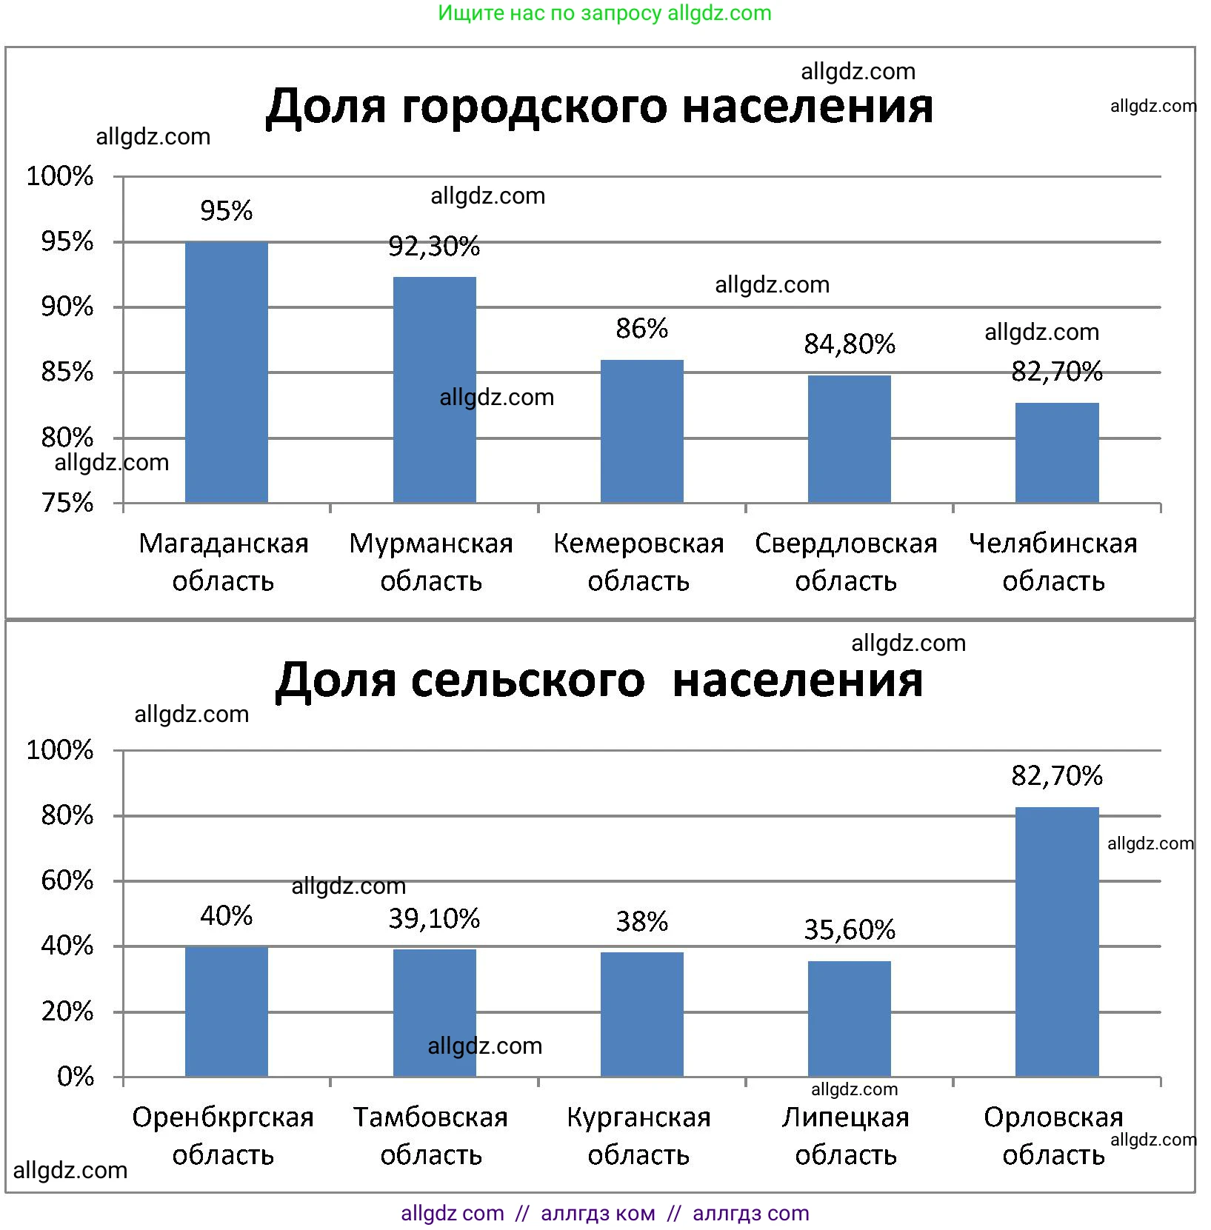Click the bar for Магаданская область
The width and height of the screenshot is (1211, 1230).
[x=226, y=372]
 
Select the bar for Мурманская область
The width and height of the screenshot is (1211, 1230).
[x=434, y=390]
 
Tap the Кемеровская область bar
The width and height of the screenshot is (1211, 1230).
[x=641, y=432]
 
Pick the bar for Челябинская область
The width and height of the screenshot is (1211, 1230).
[x=1057, y=453]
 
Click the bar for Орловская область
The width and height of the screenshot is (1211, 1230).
[x=1057, y=941]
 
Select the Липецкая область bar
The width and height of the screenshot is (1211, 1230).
[x=849, y=1018]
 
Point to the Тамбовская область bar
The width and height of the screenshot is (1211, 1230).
[x=434, y=1012]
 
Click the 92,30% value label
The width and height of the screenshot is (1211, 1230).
[x=434, y=246]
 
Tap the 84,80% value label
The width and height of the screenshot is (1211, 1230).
[x=850, y=344]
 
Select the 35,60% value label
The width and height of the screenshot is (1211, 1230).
[x=850, y=929]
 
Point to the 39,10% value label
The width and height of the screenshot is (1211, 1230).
[x=434, y=919]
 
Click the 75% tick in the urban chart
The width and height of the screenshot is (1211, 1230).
[x=67, y=503]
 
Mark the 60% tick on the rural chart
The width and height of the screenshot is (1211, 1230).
[x=67, y=880]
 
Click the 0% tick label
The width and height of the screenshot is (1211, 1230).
[x=75, y=1076]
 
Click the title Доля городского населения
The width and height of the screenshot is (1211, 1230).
[x=599, y=107]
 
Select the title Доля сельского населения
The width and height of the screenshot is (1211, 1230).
[x=599, y=680]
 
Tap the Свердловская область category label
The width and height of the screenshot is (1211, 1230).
[x=846, y=562]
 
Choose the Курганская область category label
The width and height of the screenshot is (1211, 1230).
[x=638, y=1136]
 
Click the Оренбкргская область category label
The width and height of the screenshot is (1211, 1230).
[x=223, y=1136]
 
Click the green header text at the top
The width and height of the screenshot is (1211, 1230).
[x=604, y=13]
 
